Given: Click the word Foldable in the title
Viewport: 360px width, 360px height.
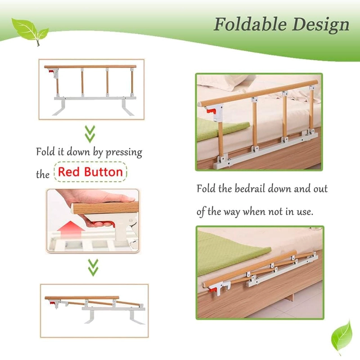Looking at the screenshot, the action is click(x=250, y=25).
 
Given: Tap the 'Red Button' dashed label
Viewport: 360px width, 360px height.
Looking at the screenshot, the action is click(x=90, y=172).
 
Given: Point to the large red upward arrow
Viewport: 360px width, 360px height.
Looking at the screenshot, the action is click(x=71, y=230).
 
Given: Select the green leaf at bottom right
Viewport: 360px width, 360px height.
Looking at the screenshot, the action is click(x=342, y=337).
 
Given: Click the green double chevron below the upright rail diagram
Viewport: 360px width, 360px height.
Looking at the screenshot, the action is click(x=90, y=134).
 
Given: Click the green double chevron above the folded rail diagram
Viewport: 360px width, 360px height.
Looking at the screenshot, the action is click(x=93, y=267).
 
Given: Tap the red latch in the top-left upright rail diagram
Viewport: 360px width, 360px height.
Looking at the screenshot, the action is click(x=51, y=72).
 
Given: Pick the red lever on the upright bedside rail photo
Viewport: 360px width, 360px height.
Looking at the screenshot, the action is click(x=211, y=111).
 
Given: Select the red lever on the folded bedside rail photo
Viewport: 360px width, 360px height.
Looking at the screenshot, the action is click(x=213, y=290).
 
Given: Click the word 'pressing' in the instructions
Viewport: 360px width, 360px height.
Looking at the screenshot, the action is click(x=124, y=152).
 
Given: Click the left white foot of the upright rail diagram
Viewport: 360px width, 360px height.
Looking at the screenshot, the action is click(x=59, y=107).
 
